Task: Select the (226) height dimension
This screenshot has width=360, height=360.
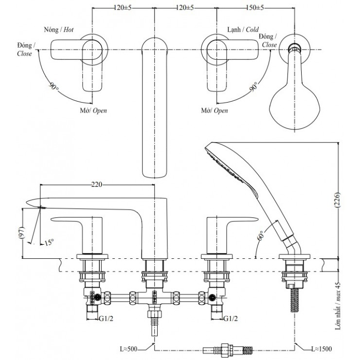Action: coord(344,200)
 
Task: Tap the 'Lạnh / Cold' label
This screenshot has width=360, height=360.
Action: coord(243,29)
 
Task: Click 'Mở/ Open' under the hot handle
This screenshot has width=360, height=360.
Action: coord(93,110)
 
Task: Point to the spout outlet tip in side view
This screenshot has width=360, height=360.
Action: coord(30,202)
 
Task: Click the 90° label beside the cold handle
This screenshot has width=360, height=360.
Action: coord(253,88)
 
